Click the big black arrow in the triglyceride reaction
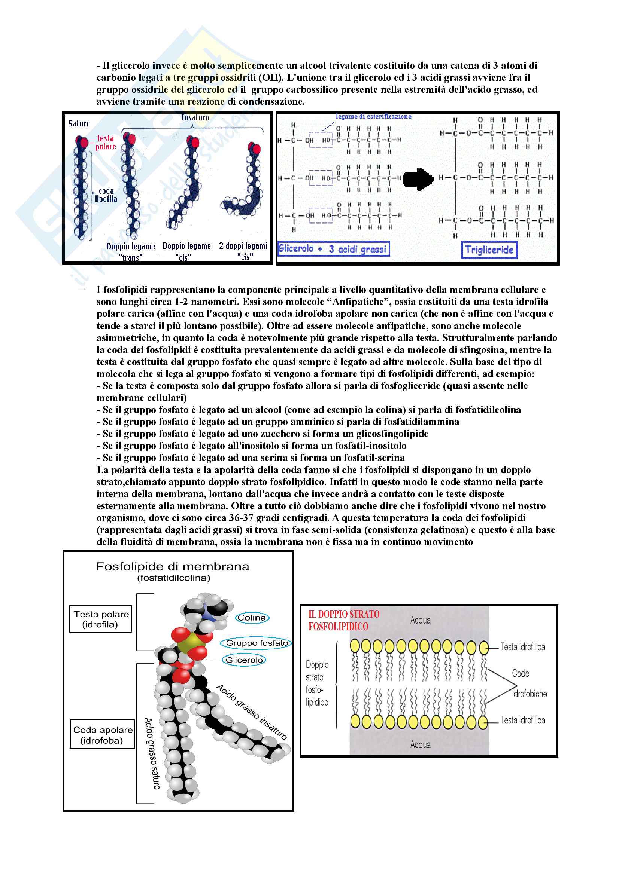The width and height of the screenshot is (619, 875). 418,179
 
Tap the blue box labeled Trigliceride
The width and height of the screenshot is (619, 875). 489,250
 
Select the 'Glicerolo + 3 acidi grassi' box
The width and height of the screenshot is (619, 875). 333,249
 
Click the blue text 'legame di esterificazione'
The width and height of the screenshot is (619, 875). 373,117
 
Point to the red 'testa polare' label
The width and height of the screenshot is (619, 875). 106,143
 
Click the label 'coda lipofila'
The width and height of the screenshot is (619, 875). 106,195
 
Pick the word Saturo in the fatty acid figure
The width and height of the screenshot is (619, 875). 79,123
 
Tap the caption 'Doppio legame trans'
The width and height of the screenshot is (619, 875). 130,252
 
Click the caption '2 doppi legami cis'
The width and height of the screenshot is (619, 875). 243,251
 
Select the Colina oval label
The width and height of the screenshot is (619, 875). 252,618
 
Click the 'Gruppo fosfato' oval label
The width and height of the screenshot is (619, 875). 257,643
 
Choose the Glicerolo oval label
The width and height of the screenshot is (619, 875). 244,660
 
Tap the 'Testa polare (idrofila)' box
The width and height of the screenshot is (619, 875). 101,619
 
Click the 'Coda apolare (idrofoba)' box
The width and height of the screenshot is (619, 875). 102,735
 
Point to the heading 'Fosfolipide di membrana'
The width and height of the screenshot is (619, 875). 172,567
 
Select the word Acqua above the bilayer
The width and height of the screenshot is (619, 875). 420,620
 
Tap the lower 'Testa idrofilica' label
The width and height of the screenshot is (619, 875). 522,720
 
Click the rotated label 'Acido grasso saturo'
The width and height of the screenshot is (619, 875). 151,753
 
